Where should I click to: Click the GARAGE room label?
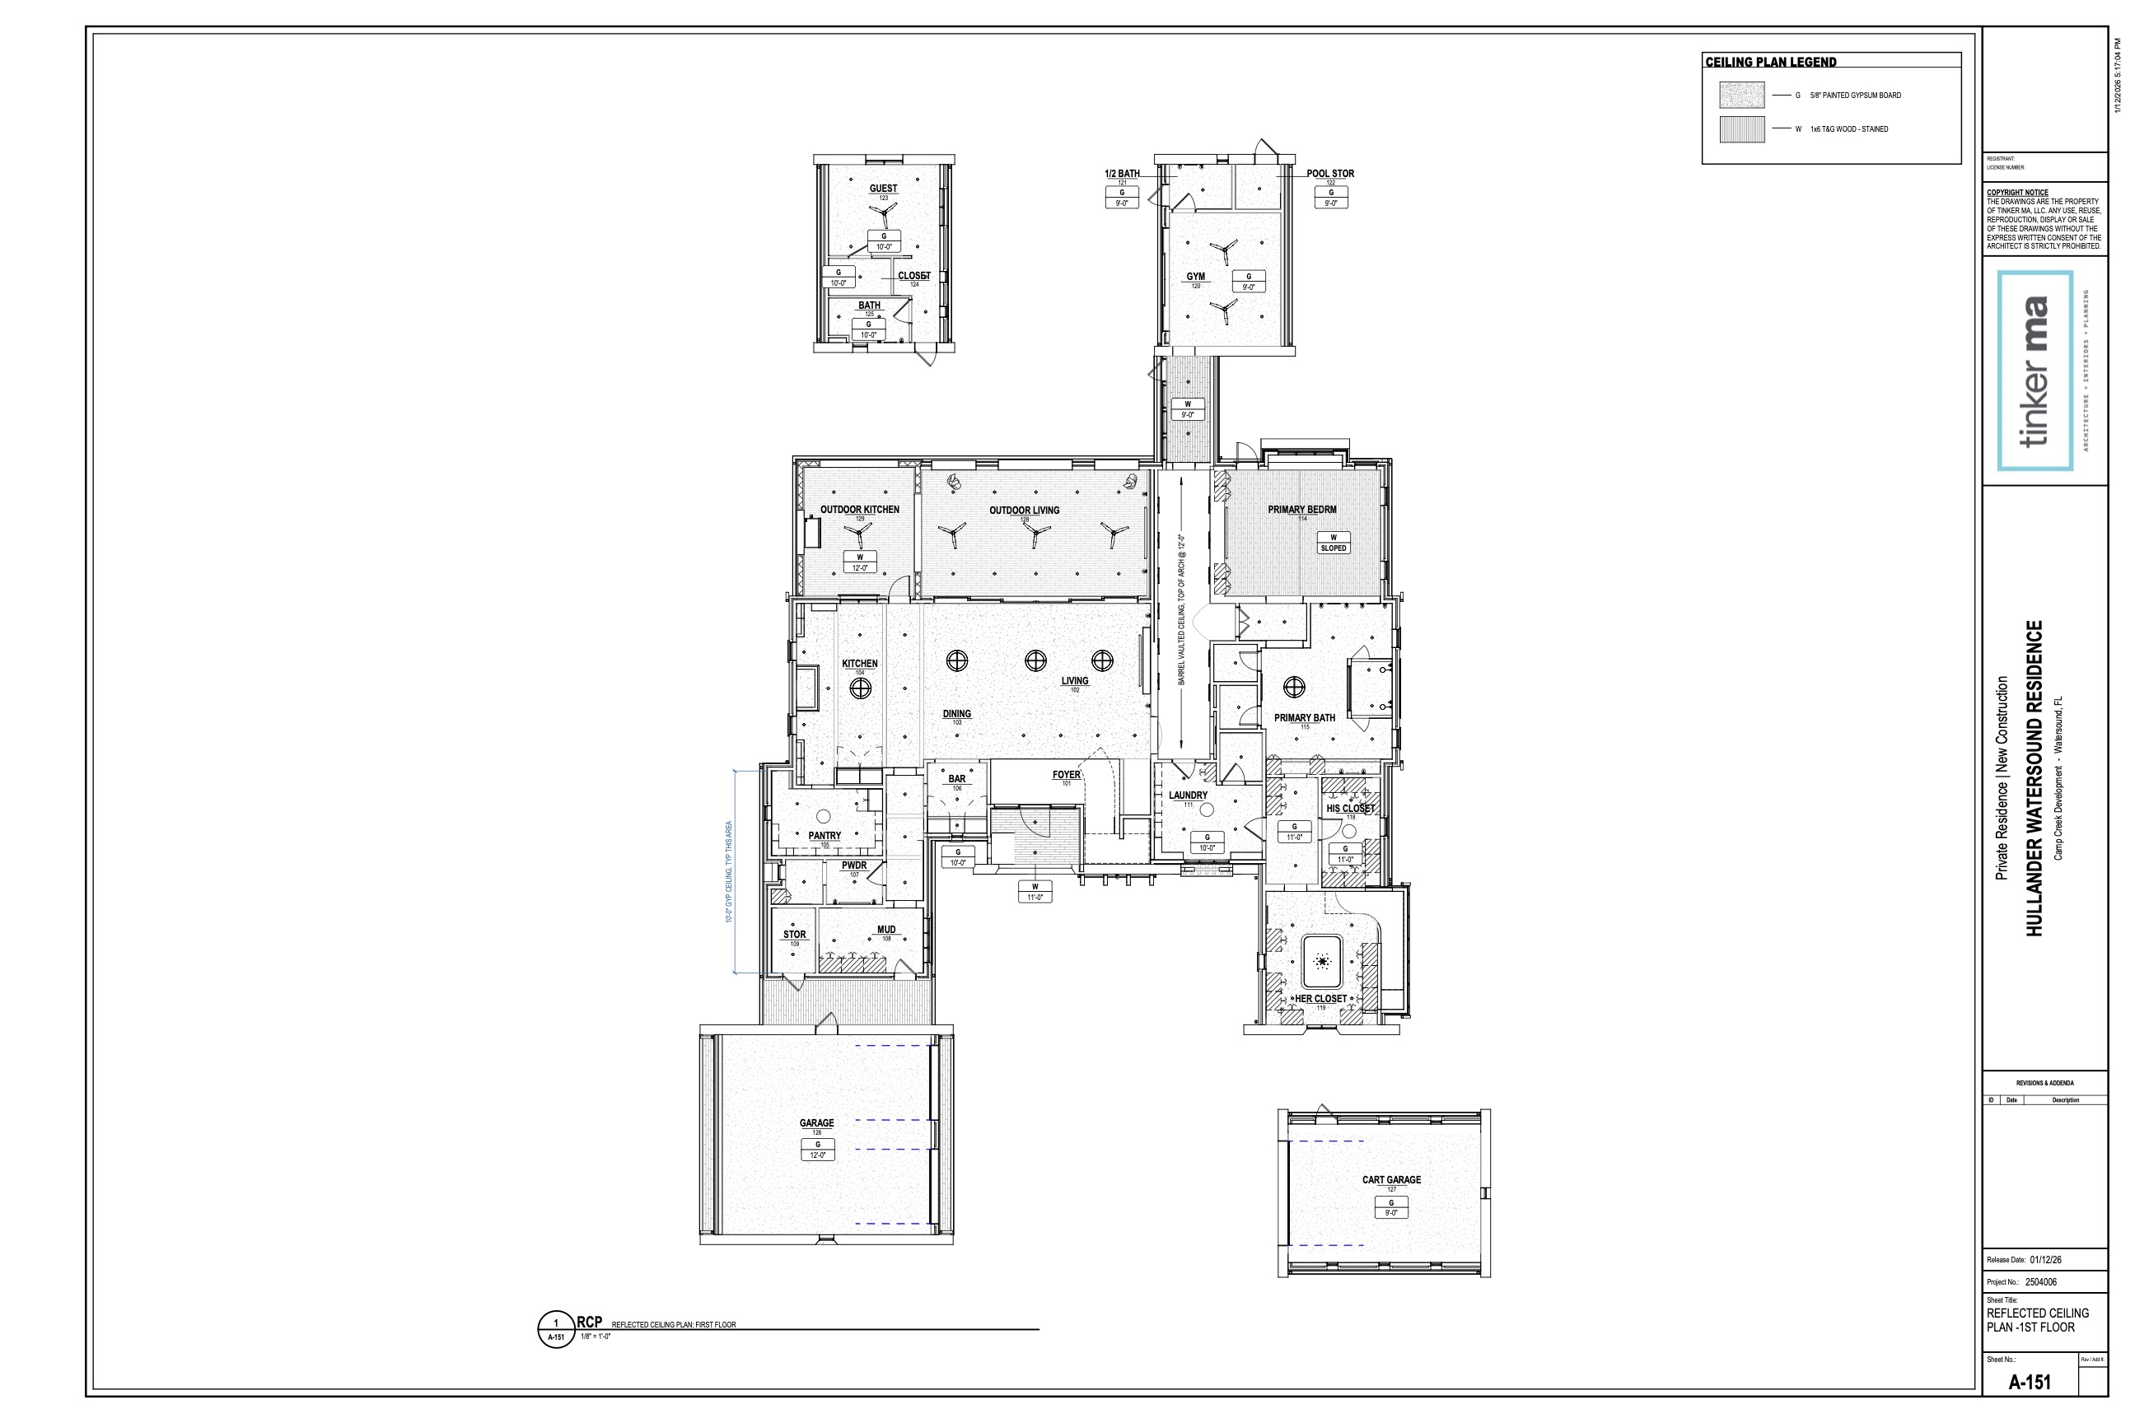click(816, 1122)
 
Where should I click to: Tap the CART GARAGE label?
click(1390, 1180)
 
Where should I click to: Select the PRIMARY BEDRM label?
click(1301, 509)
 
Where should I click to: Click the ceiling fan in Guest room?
click(882, 214)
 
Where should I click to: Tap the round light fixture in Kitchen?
click(859, 688)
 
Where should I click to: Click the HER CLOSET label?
click(1320, 998)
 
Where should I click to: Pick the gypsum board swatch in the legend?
click(1741, 96)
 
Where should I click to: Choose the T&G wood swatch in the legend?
click(1741, 128)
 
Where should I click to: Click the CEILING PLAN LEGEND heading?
click(1770, 63)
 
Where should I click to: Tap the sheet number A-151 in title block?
click(2029, 1382)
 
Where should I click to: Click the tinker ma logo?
click(2035, 371)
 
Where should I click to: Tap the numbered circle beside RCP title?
click(555, 1331)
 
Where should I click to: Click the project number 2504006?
click(2040, 1282)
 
